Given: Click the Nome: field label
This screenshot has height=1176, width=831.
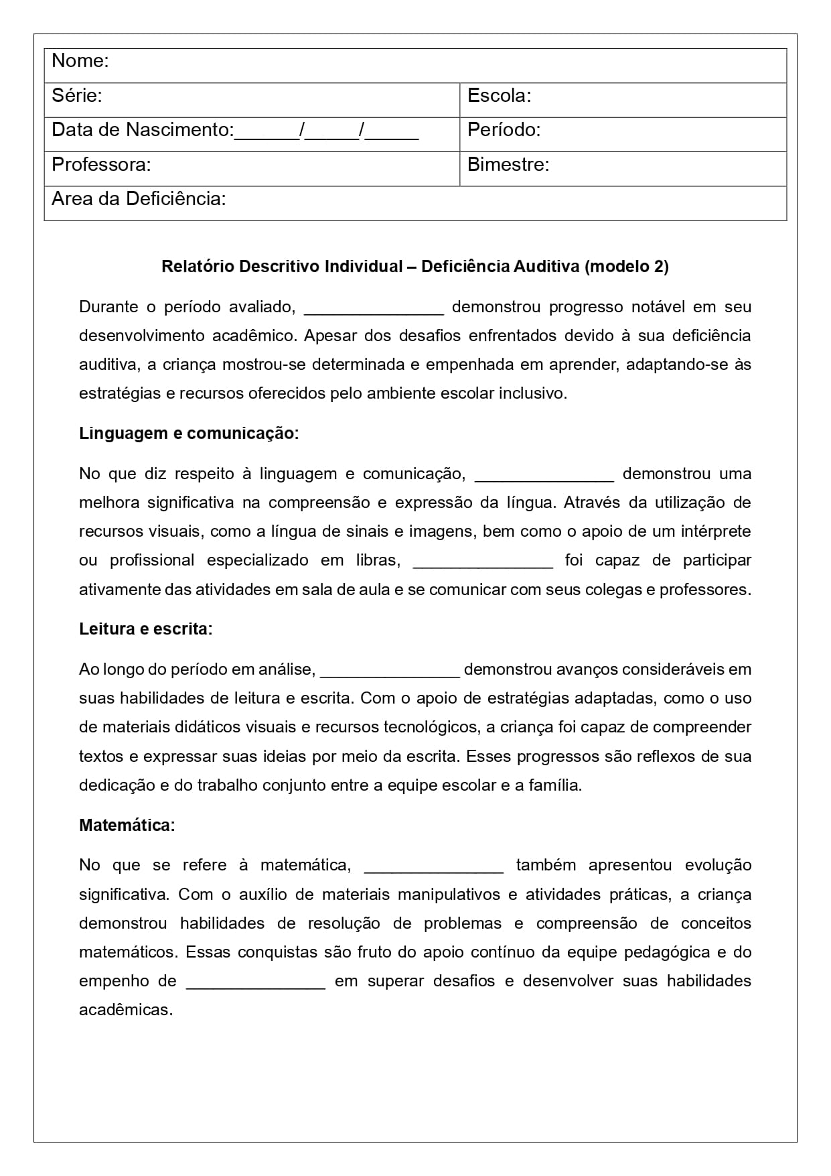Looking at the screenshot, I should point(80,61).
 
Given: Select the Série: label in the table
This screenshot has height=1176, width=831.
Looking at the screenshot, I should point(77,96).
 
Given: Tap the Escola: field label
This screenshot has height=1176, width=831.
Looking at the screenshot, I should point(499,96).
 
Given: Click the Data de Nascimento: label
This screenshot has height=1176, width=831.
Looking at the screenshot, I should point(143,130).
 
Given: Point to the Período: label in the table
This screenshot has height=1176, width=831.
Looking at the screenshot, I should point(504,130).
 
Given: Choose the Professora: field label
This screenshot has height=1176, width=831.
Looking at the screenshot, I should point(101,165).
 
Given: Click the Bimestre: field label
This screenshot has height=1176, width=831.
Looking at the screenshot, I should point(508,165).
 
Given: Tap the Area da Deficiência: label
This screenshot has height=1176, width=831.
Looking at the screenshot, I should point(139,199).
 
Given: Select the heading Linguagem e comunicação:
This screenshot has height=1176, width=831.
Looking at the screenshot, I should point(189,434).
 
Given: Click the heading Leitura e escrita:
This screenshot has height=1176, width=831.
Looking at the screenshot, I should point(145,629).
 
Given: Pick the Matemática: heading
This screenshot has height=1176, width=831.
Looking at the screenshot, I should point(127,826).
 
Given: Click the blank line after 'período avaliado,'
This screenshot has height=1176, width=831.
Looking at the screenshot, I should point(374,308).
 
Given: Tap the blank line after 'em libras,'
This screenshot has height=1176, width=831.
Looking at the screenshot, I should point(483,562).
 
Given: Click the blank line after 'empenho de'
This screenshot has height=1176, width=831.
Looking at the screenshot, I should point(255,982).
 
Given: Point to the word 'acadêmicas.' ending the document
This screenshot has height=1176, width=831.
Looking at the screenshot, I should point(126,1010).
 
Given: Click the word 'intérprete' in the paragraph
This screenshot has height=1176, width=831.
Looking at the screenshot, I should point(716,532).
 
